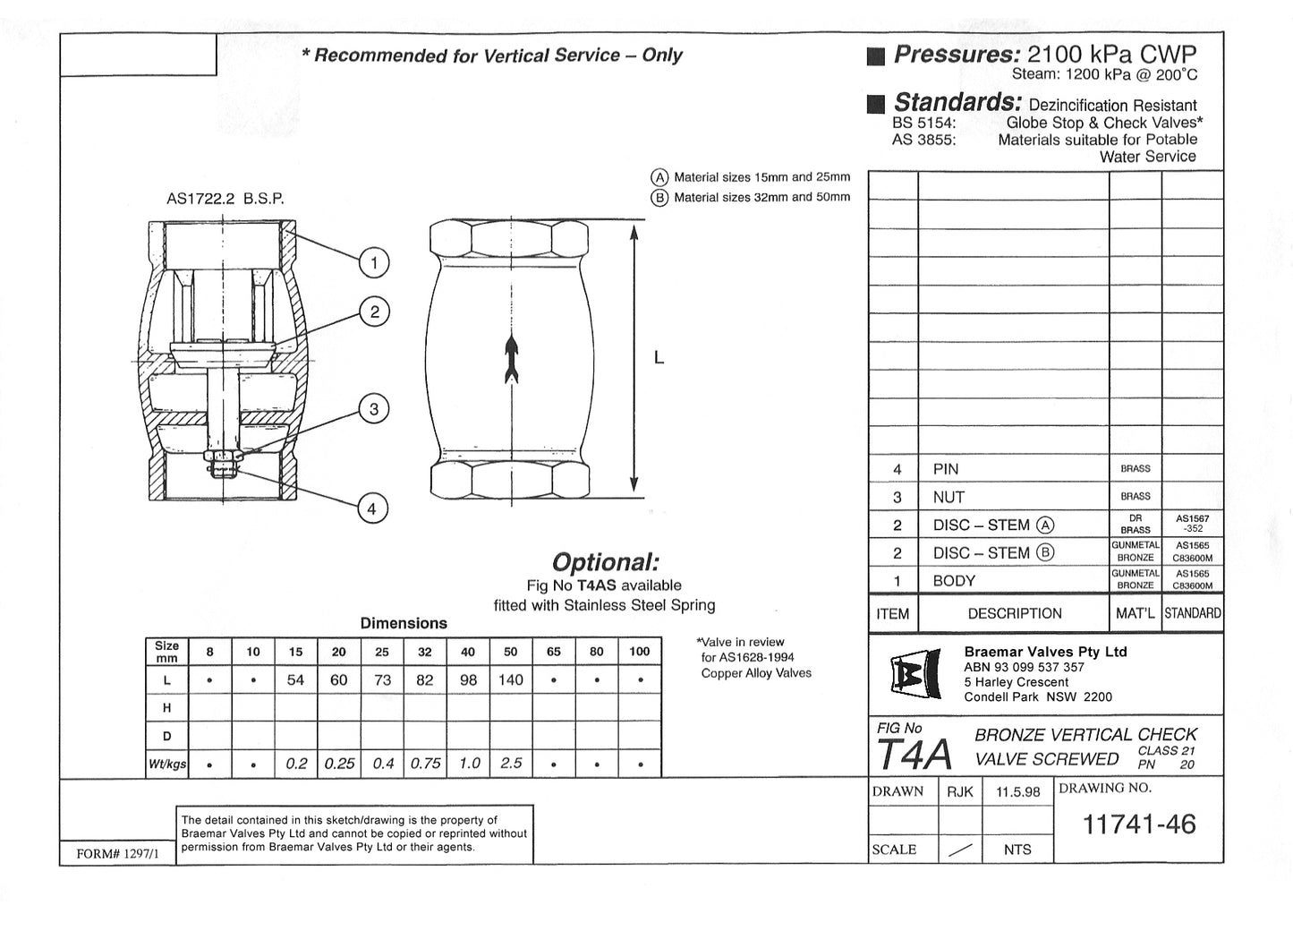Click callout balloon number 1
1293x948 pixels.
pyautogui.click(x=373, y=262)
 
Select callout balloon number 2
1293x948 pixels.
pyautogui.click(x=374, y=312)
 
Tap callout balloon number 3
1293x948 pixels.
pyautogui.click(x=373, y=410)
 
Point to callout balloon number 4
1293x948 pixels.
pyautogui.click(x=372, y=509)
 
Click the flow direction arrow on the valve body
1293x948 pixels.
pyautogui.click(x=511, y=358)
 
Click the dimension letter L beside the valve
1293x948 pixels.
pyautogui.click(x=659, y=358)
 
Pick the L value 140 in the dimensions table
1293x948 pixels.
pyautogui.click(x=510, y=680)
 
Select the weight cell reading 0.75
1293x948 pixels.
pyautogui.click(x=425, y=764)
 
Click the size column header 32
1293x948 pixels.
pyautogui.click(x=425, y=652)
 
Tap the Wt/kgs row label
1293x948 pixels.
pyautogui.click(x=167, y=764)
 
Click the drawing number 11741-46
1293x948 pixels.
pyautogui.click(x=1138, y=824)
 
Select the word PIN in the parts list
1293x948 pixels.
pyautogui.click(x=945, y=469)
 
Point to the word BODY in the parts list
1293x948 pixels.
pyautogui.click(x=953, y=581)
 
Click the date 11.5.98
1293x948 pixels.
pyautogui.click(x=1017, y=792)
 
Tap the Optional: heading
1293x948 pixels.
pyautogui.click(x=605, y=563)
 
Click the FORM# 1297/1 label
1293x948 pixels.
pyautogui.click(x=117, y=854)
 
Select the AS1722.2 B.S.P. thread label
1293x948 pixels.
pyautogui.click(x=225, y=200)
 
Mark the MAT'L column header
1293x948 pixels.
pyautogui.click(x=1135, y=614)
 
